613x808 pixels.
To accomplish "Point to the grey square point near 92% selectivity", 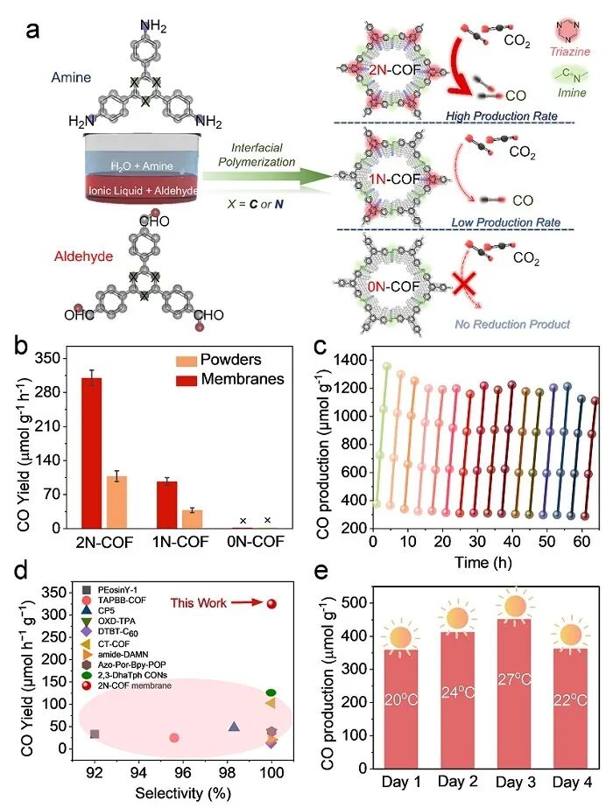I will (x=95, y=734).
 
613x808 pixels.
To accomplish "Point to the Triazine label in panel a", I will (x=580, y=76).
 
